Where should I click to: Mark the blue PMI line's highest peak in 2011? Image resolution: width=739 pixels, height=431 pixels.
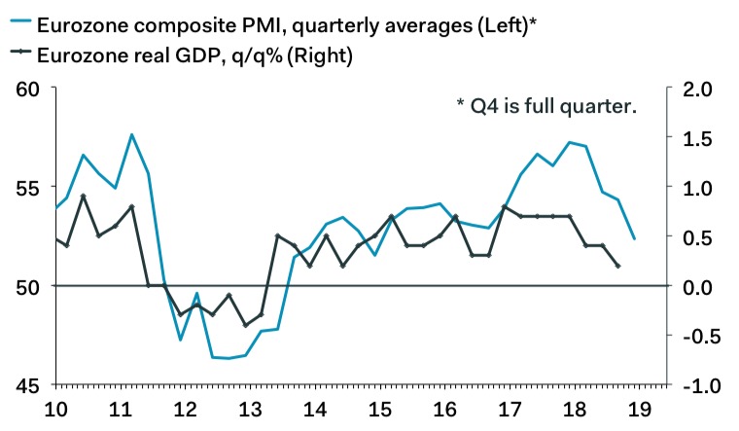pyautogui.click(x=131, y=134)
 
